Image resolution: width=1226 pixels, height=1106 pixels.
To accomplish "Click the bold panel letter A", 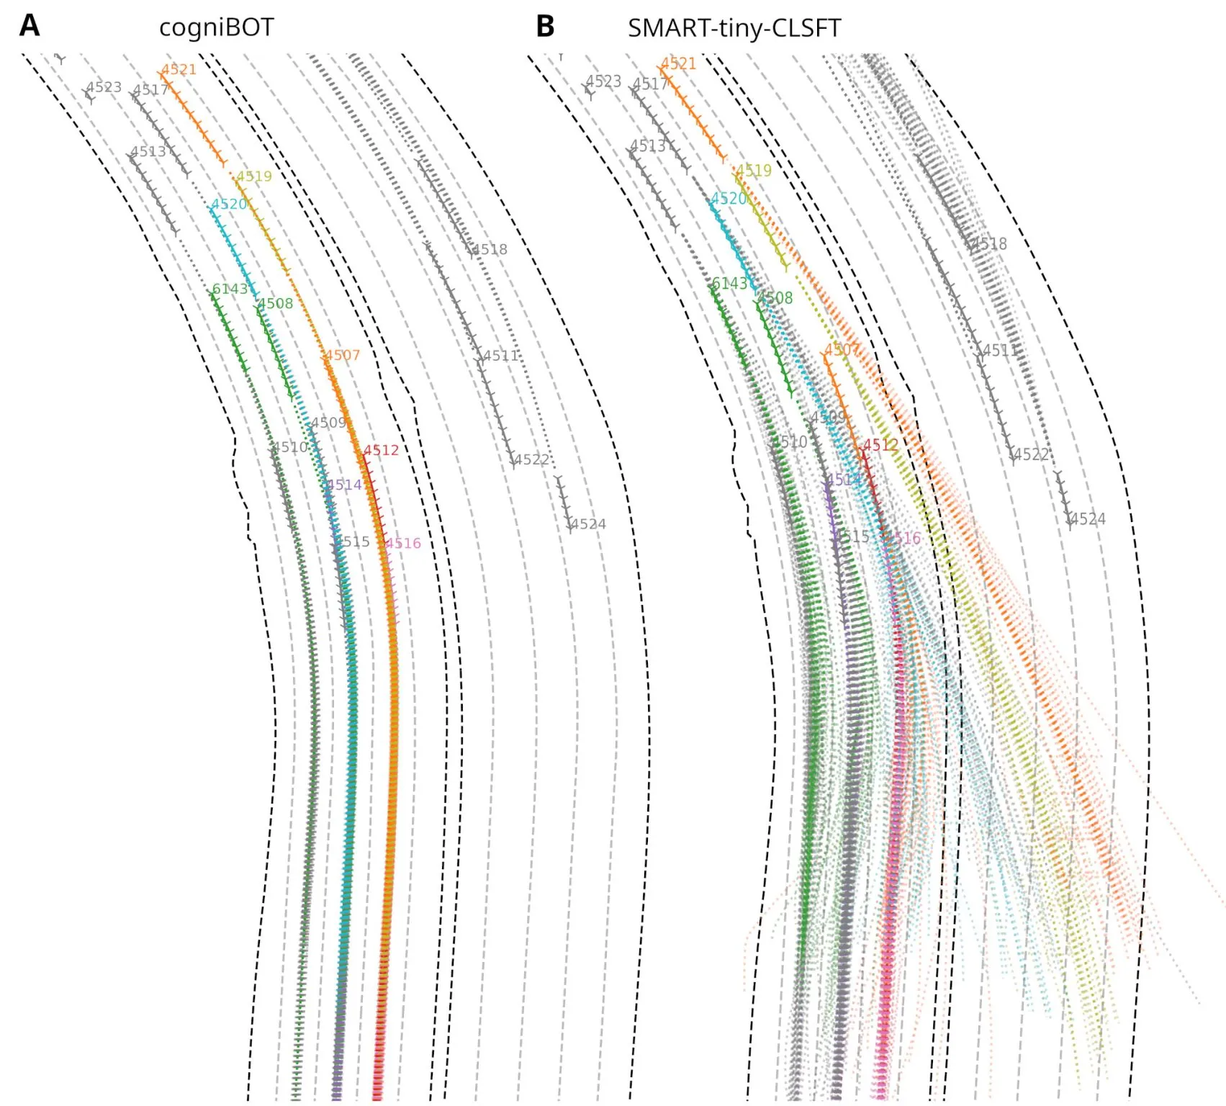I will click(x=30, y=26).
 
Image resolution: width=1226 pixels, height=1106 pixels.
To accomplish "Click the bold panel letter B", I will click(x=545, y=27).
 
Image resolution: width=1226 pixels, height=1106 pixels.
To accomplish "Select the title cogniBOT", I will click(x=216, y=28).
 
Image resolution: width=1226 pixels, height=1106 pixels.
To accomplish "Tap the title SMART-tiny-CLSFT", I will click(x=734, y=29).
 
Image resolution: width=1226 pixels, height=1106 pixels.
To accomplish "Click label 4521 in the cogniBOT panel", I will click(x=179, y=70).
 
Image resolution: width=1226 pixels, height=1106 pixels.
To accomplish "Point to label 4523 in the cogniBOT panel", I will click(x=104, y=87).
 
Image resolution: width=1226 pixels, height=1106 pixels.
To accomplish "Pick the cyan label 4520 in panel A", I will click(x=229, y=204).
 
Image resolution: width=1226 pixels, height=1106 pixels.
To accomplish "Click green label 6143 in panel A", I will click(x=230, y=289).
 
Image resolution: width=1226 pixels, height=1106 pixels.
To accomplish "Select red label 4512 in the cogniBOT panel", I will click(x=381, y=451).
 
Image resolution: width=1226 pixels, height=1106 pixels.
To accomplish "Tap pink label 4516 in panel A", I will click(x=403, y=543).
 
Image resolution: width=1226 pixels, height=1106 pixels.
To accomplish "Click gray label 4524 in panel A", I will click(x=588, y=524).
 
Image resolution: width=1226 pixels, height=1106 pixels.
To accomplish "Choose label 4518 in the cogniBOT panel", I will click(x=490, y=250).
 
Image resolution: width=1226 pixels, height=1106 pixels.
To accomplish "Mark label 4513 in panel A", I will click(x=148, y=152).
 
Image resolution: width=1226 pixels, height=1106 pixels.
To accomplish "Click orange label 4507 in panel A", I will click(x=341, y=355).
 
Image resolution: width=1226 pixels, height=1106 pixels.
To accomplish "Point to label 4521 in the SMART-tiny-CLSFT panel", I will click(x=678, y=63).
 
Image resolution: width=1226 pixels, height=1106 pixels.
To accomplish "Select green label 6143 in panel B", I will click(x=730, y=284).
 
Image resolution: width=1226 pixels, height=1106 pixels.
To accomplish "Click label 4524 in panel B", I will click(x=1088, y=519).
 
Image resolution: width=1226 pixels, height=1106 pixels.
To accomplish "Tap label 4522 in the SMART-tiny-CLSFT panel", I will click(x=1031, y=454).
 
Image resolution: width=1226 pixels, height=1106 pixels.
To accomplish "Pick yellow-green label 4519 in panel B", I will click(x=754, y=171).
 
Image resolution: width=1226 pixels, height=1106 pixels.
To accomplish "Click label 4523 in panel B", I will click(x=603, y=81).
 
